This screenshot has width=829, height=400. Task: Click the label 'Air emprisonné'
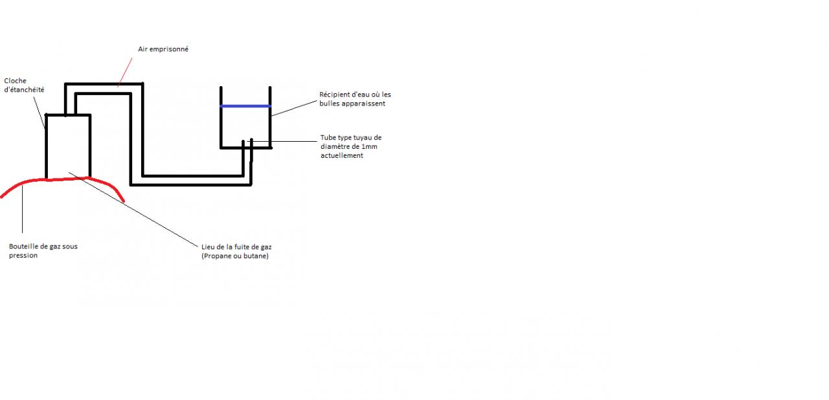coord(163,49)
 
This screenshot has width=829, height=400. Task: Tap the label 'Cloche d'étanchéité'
coord(24,85)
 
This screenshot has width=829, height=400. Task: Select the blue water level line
coord(245,106)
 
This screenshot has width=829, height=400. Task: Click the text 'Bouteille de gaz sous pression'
coord(43,250)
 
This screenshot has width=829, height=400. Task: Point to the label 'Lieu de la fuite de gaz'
coord(236,247)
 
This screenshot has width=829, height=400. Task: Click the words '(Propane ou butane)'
coord(234,256)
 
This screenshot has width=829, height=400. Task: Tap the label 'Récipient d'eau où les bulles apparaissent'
coord(355,99)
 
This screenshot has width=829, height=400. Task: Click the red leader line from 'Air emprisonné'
coord(126,71)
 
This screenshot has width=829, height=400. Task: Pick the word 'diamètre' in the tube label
coord(335,147)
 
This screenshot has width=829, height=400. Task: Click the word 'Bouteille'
coord(24,247)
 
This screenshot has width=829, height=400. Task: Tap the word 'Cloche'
coord(16,81)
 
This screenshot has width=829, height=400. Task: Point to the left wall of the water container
coord(221,117)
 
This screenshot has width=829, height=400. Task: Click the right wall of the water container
coord(269,117)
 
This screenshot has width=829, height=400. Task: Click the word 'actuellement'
coord(341,155)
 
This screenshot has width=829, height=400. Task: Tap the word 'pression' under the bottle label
coord(23,256)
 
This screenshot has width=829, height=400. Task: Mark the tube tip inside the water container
coord(247,142)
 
